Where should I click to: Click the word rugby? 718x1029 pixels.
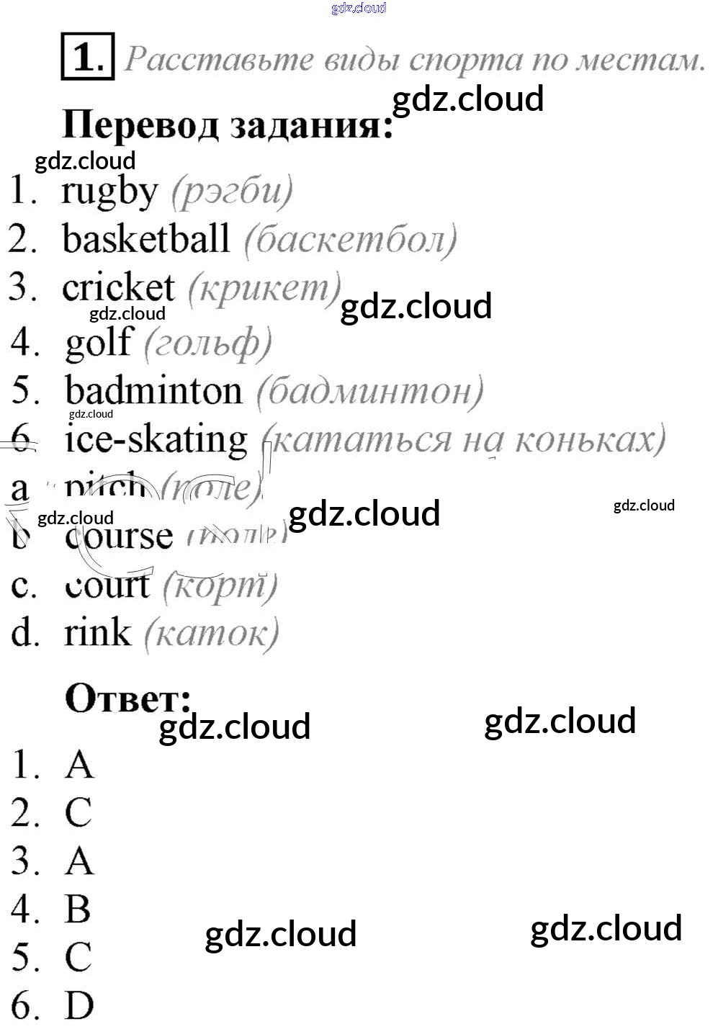[x=109, y=192]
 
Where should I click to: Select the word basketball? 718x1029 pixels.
[x=146, y=239]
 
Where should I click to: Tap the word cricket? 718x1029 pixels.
[x=118, y=288]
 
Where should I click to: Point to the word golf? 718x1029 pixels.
[x=99, y=343]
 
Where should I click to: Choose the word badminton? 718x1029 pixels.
[x=153, y=391]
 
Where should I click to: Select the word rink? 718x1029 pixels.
[x=97, y=633]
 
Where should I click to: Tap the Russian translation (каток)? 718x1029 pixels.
[x=211, y=634]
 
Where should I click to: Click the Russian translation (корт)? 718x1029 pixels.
[x=220, y=587]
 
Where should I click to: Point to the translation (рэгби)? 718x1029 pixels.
[x=232, y=192]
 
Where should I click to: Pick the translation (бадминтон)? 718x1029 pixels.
[x=369, y=392]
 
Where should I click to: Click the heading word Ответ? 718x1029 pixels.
[x=128, y=698]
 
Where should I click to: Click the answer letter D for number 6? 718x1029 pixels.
[x=79, y=1005]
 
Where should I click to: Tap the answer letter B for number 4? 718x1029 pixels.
[x=78, y=909]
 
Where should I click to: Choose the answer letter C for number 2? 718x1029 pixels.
[x=78, y=812]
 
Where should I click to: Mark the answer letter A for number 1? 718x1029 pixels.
[x=79, y=764]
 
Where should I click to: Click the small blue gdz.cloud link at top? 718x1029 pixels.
[x=359, y=8]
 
